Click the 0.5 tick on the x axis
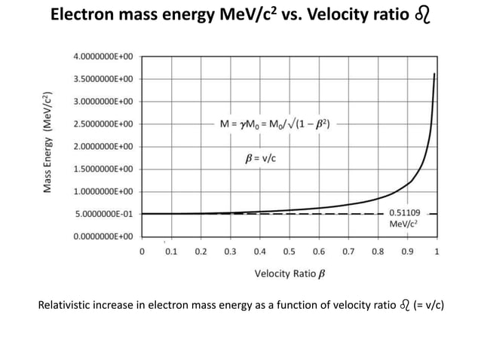click(290, 252)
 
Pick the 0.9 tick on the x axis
click(408, 252)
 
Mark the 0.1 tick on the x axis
click(171, 252)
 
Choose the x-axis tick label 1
click(437, 252)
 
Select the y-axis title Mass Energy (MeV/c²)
click(48, 143)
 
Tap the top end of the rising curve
click(434, 73)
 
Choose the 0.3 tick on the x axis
click(231, 252)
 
